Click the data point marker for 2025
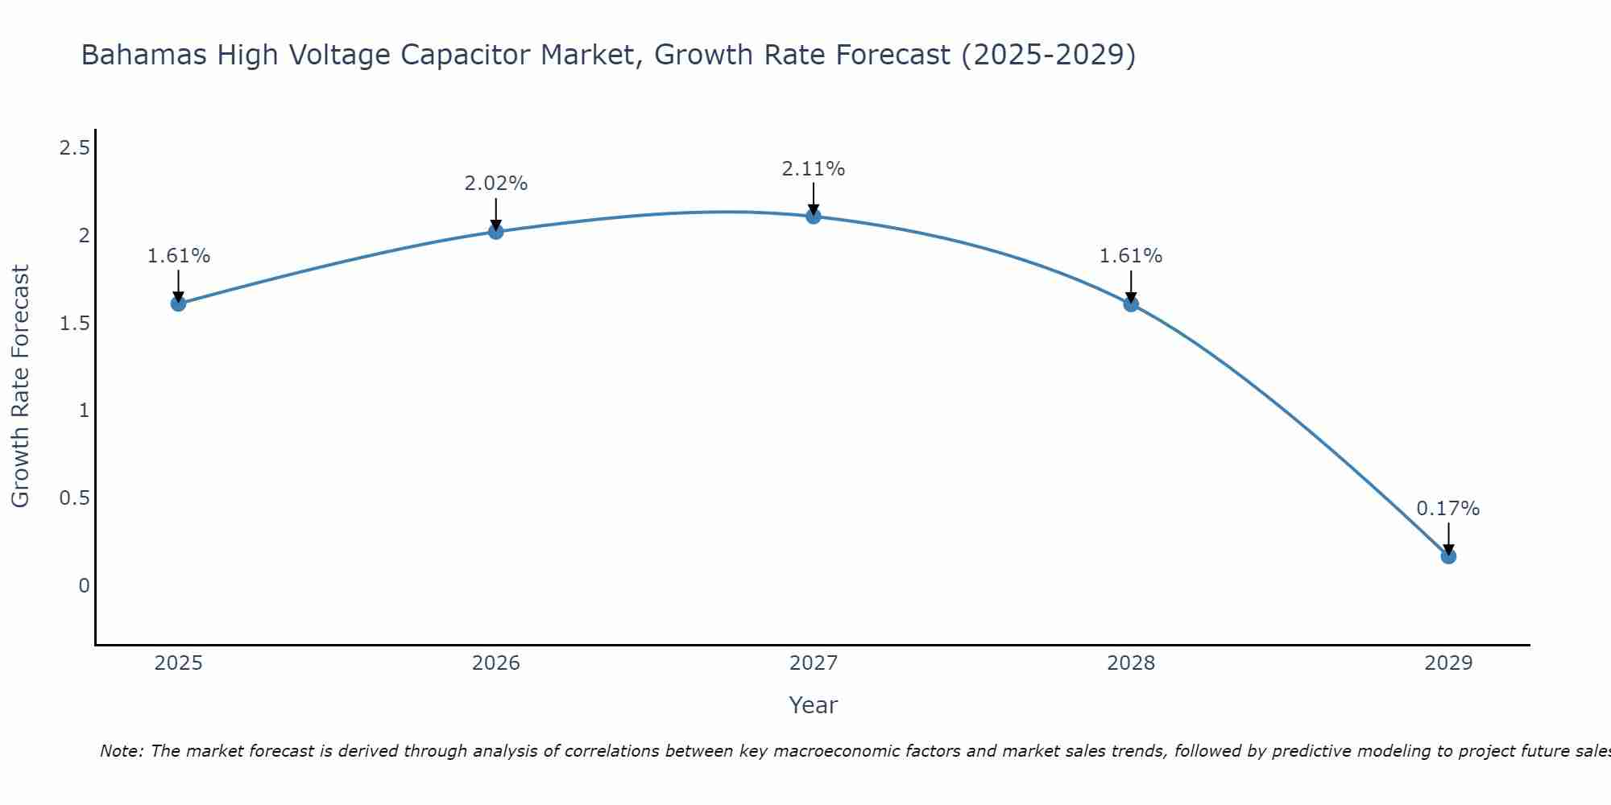178,303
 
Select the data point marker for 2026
496,232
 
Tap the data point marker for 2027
814,216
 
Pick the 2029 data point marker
1448,556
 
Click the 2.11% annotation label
814,169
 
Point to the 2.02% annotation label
496,184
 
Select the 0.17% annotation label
1448,509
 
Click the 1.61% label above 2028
1131,256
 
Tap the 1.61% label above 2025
178,256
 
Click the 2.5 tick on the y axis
74,148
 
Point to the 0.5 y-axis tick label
74,498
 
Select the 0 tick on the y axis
84,586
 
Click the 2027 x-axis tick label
814,663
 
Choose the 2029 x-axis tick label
1448,663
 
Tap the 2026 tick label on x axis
496,663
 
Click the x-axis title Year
814,705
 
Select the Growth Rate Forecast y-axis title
20,386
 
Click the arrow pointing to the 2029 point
1448,538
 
